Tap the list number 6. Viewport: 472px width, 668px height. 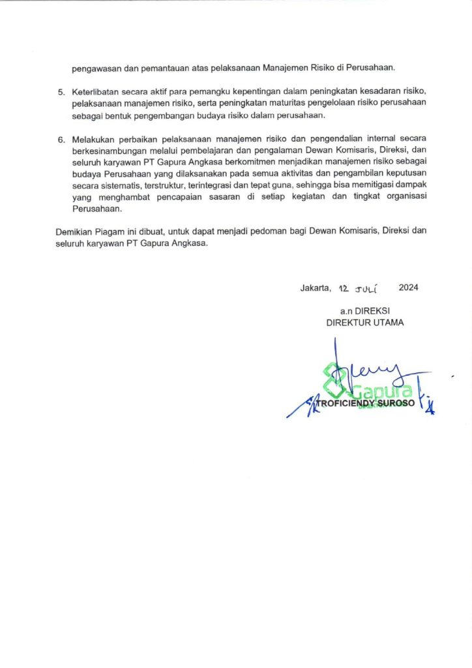point(61,140)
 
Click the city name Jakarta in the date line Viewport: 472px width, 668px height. point(316,287)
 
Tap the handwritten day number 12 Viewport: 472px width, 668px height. point(344,287)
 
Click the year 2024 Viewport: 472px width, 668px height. point(408,287)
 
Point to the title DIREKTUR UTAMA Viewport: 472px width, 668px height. point(364,322)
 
